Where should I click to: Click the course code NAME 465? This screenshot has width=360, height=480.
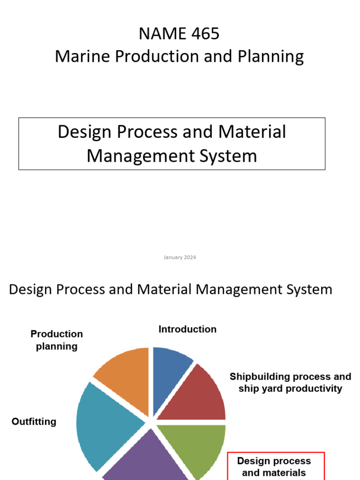coord(179,34)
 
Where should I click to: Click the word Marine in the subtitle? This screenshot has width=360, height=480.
coord(82,57)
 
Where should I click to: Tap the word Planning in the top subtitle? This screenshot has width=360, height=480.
coord(271,57)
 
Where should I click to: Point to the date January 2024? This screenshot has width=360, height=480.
coord(180,257)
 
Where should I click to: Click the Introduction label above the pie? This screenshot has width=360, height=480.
coord(187,329)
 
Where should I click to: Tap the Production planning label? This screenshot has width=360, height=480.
coord(57,340)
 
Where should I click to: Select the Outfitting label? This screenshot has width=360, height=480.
coord(34,421)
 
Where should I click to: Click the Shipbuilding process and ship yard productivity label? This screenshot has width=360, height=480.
coord(290,382)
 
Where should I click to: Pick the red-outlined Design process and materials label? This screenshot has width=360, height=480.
coord(276,466)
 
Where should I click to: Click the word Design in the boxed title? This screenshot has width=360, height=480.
coord(85,132)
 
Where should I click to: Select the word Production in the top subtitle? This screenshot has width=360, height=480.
coord(146,57)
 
